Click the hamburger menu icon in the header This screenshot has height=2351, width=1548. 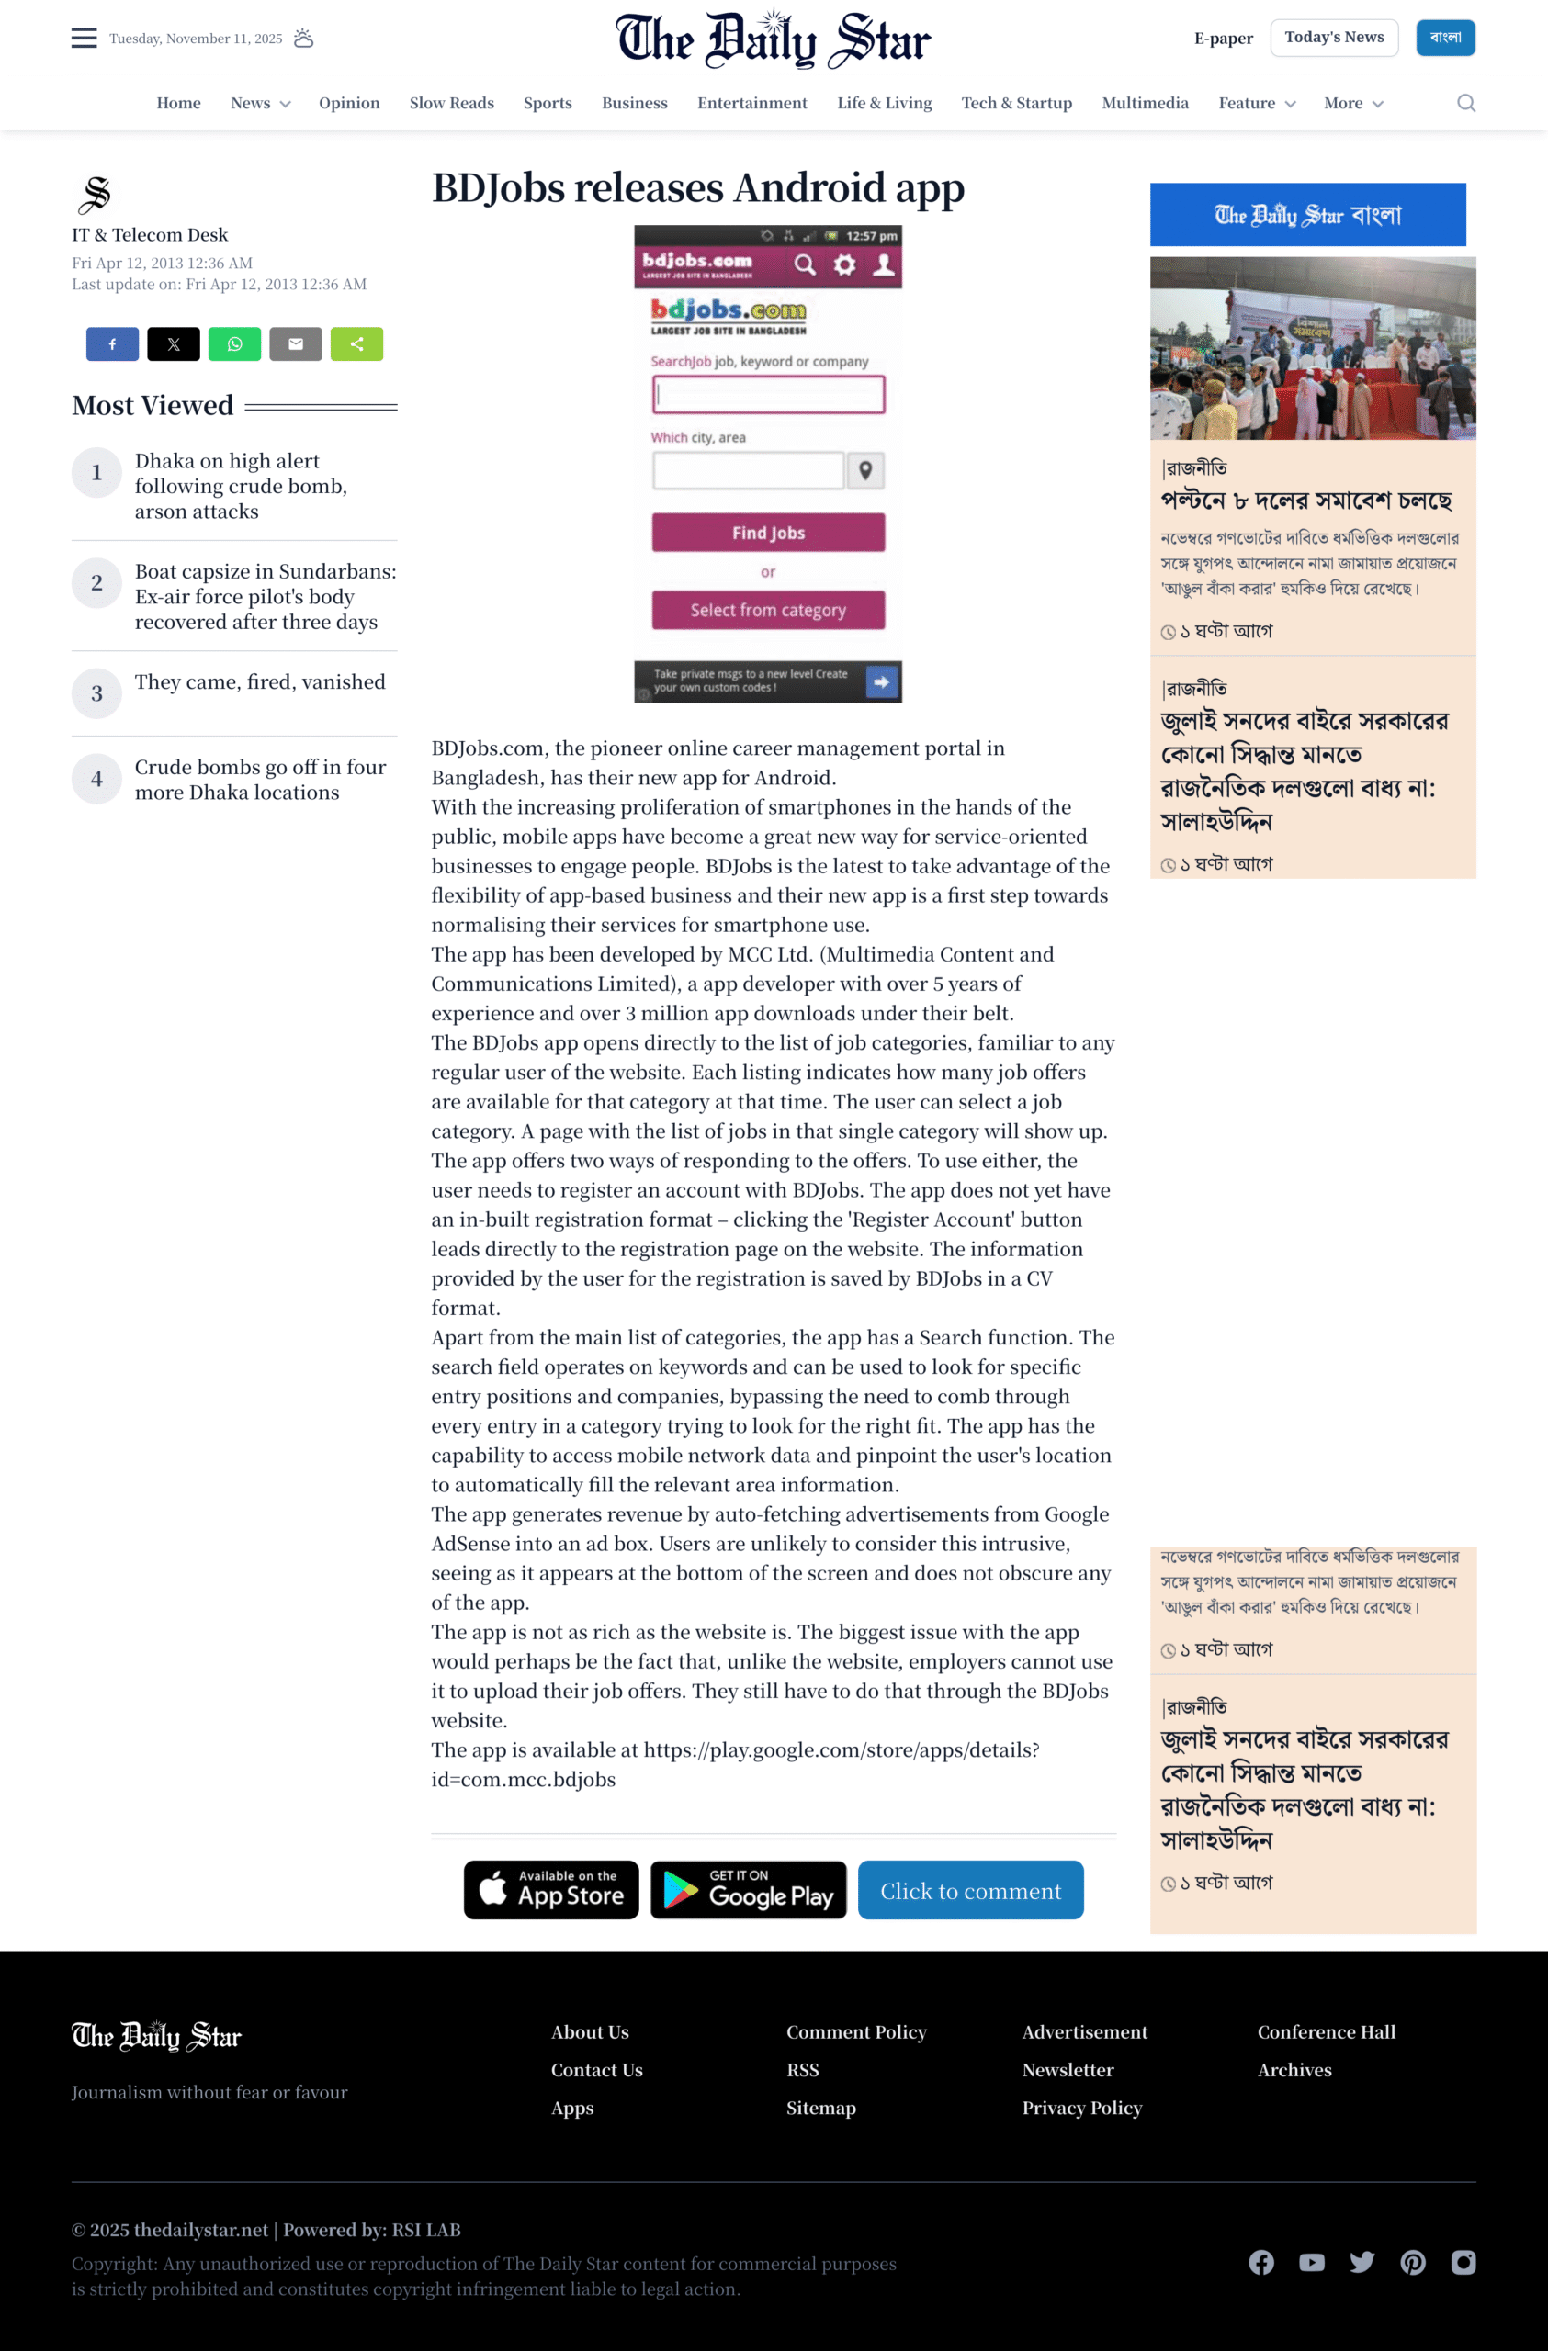pyautogui.click(x=84, y=39)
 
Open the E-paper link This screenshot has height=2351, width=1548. pyautogui.click(x=1223, y=39)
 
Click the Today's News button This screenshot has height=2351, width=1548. pyautogui.click(x=1334, y=38)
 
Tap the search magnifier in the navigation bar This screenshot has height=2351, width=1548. pyautogui.click(x=1466, y=103)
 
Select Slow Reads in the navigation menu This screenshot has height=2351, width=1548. pyautogui.click(x=451, y=103)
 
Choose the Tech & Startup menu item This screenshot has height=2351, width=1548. pyautogui.click(x=1016, y=103)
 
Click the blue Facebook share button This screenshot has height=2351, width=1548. pyautogui.click(x=112, y=343)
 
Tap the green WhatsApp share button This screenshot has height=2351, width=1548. pyautogui.click(x=234, y=343)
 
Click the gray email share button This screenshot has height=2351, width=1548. pyautogui.click(x=296, y=343)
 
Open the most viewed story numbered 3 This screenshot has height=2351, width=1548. pyautogui.click(x=260, y=682)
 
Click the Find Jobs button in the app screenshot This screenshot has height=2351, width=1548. pyautogui.click(x=768, y=533)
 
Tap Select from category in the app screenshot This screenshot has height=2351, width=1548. pyautogui.click(x=768, y=611)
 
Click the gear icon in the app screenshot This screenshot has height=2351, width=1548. pyautogui.click(x=844, y=264)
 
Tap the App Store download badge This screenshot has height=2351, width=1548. pyautogui.click(x=551, y=1890)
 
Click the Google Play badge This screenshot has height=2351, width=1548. pyautogui.click(x=748, y=1890)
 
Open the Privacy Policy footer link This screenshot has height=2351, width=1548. pyautogui.click(x=1081, y=2108)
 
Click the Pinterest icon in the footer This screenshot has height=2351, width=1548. pyautogui.click(x=1413, y=2262)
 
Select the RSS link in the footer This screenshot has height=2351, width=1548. pyautogui.click(x=802, y=2069)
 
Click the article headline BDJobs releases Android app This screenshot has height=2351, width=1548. pyautogui.click(x=697, y=187)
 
